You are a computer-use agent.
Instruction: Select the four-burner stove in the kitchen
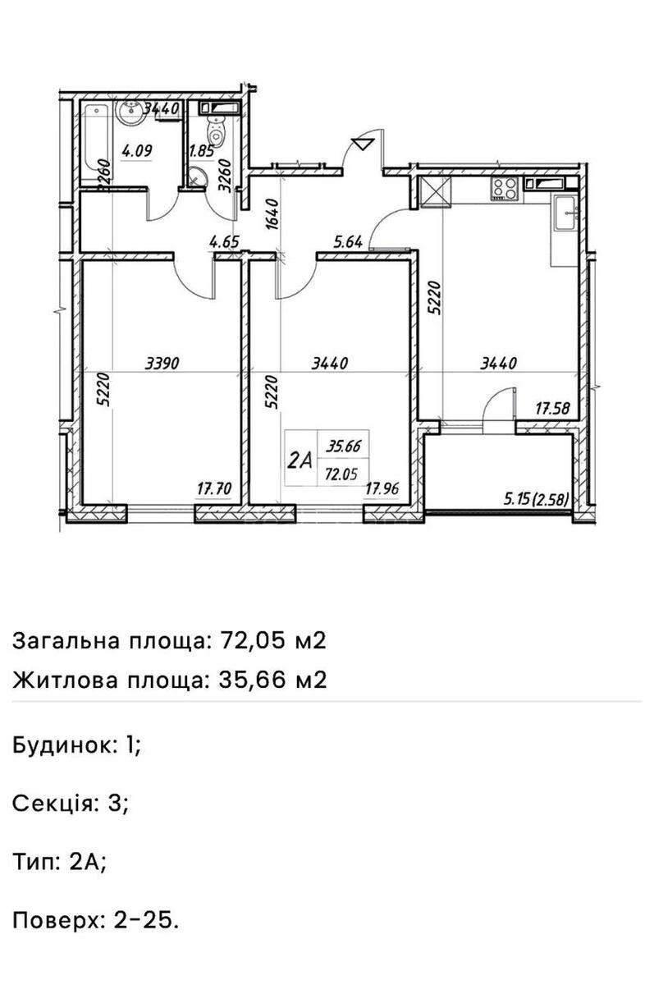tap(503, 188)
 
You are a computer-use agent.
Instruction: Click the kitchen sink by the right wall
tap(565, 215)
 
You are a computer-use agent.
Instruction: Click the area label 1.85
tap(201, 150)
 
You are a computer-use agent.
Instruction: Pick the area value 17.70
tap(214, 489)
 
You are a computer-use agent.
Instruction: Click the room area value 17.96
tap(382, 489)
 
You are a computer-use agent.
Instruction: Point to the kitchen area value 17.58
tap(553, 406)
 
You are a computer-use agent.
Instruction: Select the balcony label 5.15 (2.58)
tap(537, 497)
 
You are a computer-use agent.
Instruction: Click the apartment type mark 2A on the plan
tap(300, 460)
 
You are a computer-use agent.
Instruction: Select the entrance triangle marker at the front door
tap(361, 145)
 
